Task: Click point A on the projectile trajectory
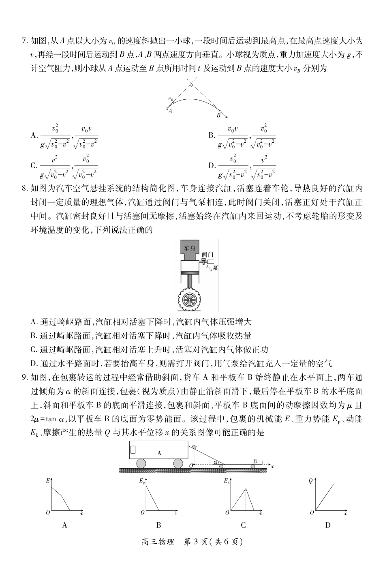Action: (x=167, y=108)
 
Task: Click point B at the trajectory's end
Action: (x=220, y=111)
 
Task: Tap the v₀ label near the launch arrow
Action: (x=171, y=99)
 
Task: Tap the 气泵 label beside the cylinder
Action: (x=212, y=267)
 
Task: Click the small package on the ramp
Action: (x=194, y=447)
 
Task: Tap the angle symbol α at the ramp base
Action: (x=216, y=462)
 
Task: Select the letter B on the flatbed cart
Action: (x=255, y=461)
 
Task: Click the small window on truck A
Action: (x=133, y=450)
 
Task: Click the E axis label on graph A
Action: (x=48, y=481)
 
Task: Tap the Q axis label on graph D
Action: (x=310, y=481)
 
